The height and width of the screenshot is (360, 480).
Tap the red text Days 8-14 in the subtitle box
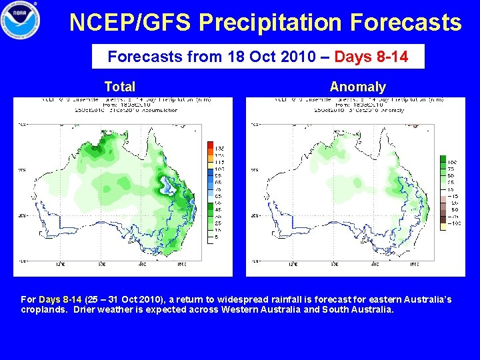371,57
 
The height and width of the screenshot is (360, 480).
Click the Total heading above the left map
120,87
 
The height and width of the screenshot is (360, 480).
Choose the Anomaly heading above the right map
357,87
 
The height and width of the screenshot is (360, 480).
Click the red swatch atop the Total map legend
210,145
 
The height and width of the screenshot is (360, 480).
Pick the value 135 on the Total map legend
219,145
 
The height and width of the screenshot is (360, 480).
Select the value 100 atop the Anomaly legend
451,161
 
